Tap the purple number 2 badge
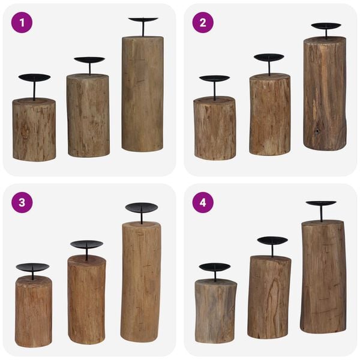coord(203,22)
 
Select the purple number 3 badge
coord(22,202)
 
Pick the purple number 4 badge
coord(203,202)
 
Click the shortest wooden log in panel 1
coord(34,130)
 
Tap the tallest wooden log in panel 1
coord(142,93)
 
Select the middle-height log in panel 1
coord(88,115)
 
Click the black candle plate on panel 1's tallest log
coord(143,20)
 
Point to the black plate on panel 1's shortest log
coord(34,77)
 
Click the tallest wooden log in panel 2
coord(325,93)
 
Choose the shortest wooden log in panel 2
coord(214,128)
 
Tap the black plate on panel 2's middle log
coord(269,58)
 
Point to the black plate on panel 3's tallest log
coord(142,208)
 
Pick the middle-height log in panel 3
coord(86,299)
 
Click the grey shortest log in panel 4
coord(215,311)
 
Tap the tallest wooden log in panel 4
coord(323,276)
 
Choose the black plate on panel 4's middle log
coord(272,241)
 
